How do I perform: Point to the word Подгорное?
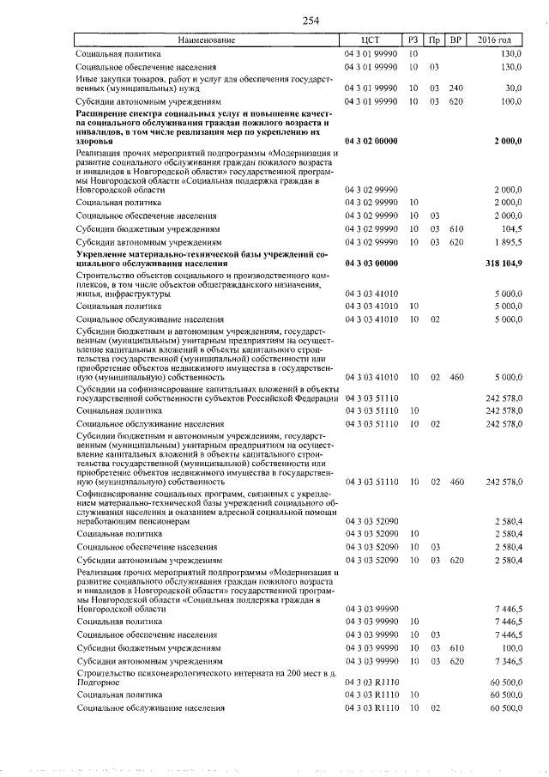pos(100,683)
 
